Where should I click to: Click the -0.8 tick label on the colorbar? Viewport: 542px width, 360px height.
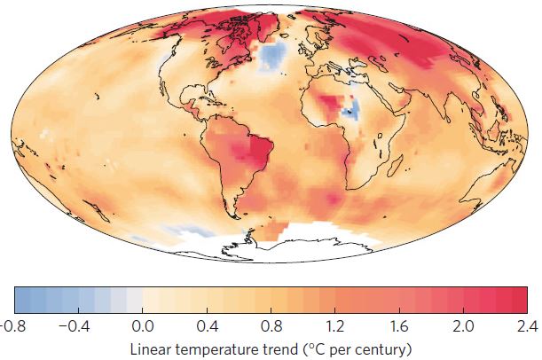point(11,325)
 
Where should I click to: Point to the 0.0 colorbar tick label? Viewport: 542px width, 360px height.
point(142,325)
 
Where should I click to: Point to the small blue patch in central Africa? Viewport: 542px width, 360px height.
point(351,112)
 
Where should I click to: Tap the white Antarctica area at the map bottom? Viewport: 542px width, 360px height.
point(293,238)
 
